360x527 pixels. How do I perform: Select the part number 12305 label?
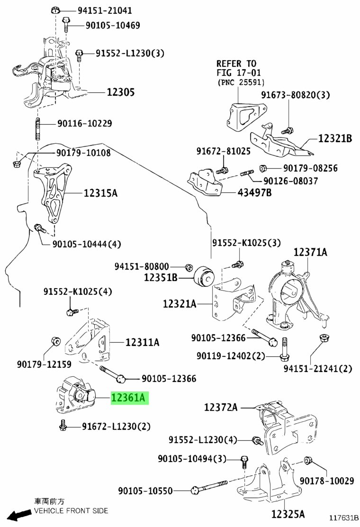pos(121,92)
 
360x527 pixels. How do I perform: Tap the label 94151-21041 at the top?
pos(105,10)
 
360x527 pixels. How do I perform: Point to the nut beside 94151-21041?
pos(55,10)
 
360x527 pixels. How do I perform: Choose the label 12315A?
pos(100,193)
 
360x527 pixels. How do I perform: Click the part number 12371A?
pos(310,252)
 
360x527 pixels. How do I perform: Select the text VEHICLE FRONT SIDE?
pos(71,511)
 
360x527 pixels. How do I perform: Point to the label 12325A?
pos(288,514)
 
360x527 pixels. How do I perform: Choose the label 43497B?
pos(254,192)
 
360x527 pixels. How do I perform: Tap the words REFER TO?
pos(236,64)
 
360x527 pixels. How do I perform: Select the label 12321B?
pos(335,138)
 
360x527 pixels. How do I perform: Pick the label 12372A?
pos(221,408)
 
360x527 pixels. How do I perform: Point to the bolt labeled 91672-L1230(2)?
pos(63,426)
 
